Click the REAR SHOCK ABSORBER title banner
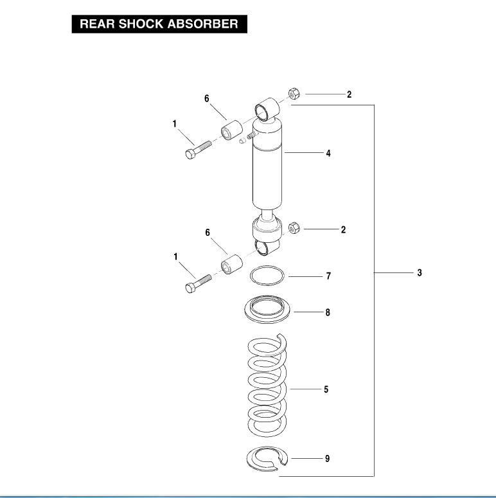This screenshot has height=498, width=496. (x=158, y=24)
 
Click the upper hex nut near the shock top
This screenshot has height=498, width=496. (x=294, y=94)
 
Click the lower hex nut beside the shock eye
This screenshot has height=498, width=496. (x=293, y=227)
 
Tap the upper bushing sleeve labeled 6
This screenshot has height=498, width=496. (x=231, y=131)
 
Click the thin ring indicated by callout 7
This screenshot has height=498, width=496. (x=267, y=276)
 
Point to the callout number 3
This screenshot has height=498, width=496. (x=419, y=273)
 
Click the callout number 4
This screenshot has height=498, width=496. (x=328, y=154)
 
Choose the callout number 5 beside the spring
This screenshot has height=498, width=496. (x=326, y=389)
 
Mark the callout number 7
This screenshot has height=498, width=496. (x=328, y=276)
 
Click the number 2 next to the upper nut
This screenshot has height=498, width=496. (x=349, y=94)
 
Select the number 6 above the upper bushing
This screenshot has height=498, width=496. (x=207, y=98)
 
